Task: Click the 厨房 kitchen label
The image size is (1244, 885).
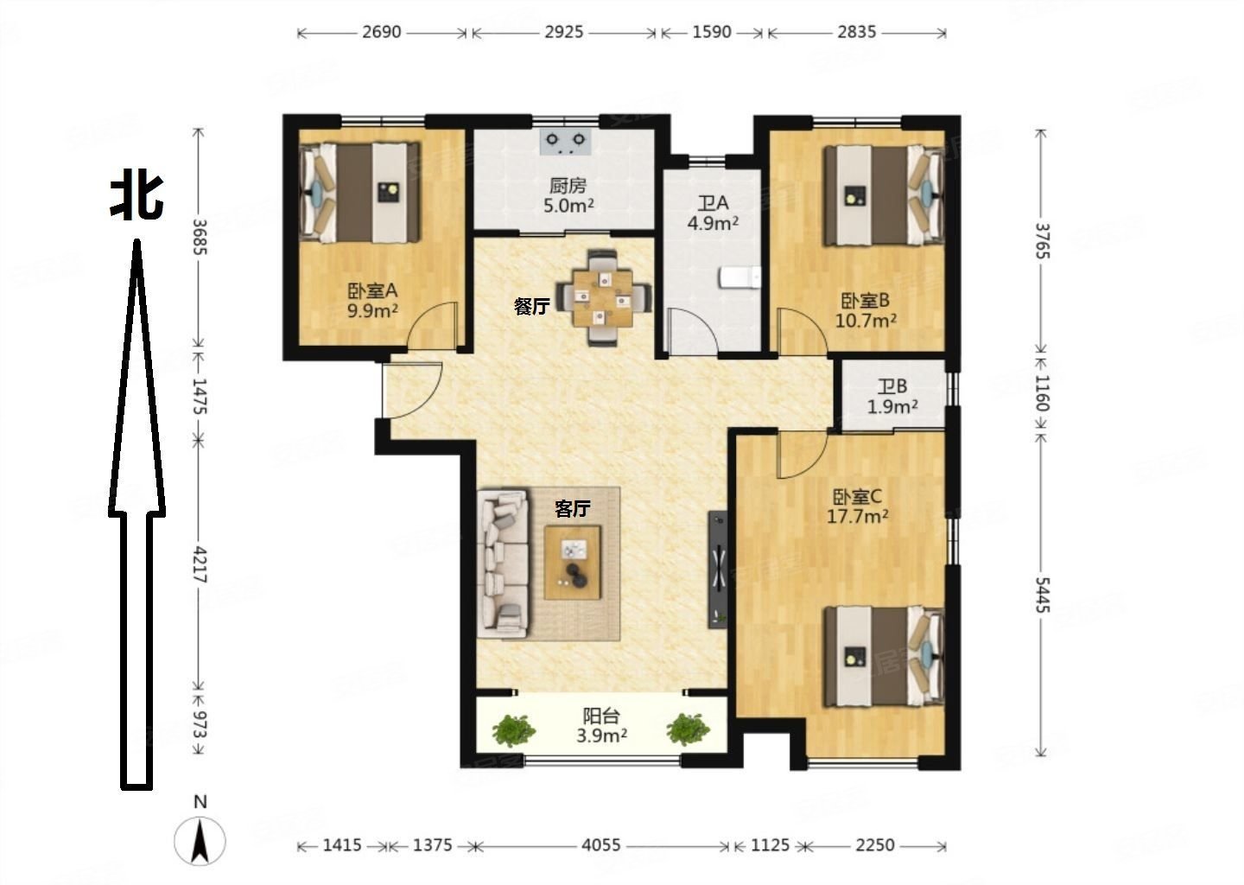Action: [x=568, y=185]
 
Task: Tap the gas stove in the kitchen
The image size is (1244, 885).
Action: [x=565, y=143]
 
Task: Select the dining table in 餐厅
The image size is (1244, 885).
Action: [x=603, y=298]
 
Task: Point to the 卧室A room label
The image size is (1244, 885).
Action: [x=372, y=290]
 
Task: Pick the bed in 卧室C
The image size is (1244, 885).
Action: [x=884, y=657]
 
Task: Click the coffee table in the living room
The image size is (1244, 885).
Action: [x=573, y=563]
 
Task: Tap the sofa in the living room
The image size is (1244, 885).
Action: [x=503, y=563]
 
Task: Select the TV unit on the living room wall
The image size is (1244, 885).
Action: [x=717, y=570]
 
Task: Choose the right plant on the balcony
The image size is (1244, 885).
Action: [x=688, y=729]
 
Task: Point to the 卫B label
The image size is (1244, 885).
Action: [x=892, y=386]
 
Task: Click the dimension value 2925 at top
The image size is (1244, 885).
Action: [x=563, y=32]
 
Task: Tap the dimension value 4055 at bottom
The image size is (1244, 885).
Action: [x=601, y=845]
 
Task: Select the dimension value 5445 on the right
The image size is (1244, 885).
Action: [x=1042, y=595]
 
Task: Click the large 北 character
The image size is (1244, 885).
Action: [x=136, y=197]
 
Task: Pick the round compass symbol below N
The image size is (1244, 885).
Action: [x=200, y=841]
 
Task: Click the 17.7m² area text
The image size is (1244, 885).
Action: [x=858, y=516]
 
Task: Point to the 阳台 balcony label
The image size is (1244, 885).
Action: [x=601, y=716]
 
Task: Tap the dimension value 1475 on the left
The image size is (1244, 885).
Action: [x=199, y=396]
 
